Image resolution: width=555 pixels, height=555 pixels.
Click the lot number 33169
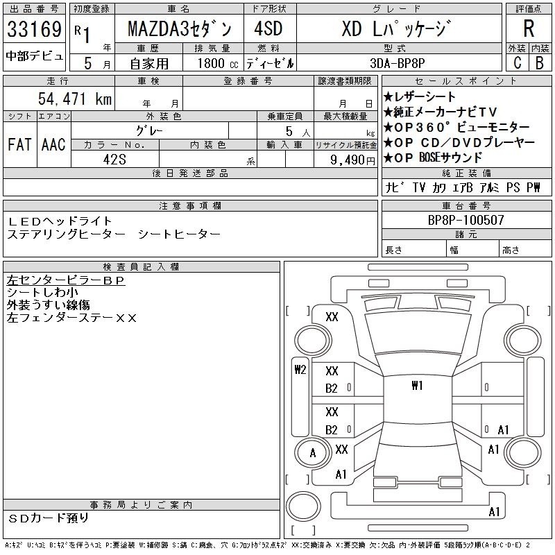(34, 29)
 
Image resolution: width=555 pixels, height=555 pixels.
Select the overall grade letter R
(529, 28)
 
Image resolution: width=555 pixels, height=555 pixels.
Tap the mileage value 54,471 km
(75, 99)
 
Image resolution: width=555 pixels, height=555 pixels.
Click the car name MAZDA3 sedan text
(180, 29)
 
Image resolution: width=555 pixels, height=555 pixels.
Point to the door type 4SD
(268, 28)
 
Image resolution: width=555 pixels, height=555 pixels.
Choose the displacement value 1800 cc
(218, 63)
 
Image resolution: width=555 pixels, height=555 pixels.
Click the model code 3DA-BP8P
(397, 63)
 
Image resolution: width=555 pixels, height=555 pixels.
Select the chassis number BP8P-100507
(466, 220)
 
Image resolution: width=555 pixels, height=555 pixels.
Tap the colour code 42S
(114, 160)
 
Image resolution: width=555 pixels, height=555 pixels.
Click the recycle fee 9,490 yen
(352, 160)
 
